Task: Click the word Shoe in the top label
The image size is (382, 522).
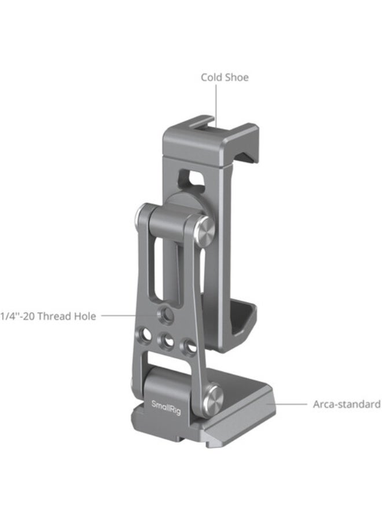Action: pyautogui.click(x=237, y=77)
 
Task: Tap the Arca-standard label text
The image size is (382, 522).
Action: pyautogui.click(x=346, y=404)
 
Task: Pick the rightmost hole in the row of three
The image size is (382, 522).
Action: pyautogui.click(x=188, y=346)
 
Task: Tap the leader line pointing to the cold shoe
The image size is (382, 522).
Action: pyautogui.click(x=216, y=104)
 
